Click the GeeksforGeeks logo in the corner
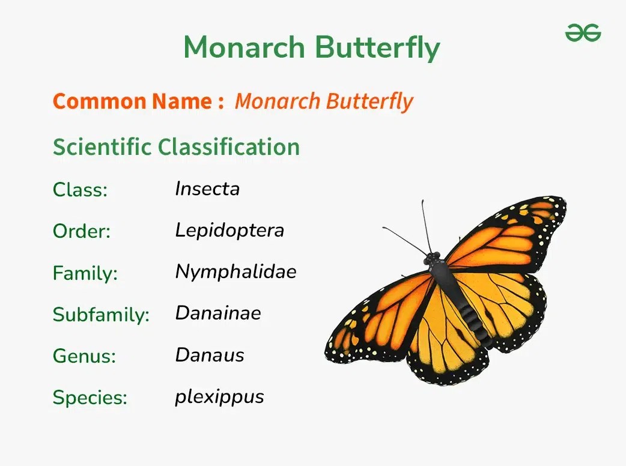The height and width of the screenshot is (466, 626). [583, 33]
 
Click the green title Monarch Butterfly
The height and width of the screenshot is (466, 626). [312, 47]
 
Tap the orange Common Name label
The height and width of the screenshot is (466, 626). [138, 101]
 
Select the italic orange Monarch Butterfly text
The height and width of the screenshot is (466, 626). [324, 101]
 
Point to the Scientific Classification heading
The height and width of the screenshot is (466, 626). [176, 147]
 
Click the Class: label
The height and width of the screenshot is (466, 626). [80, 190]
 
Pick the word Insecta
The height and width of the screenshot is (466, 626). [207, 189]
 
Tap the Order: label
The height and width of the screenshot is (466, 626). [82, 231]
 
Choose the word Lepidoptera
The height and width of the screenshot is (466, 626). [229, 231]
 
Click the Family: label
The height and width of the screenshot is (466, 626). [85, 273]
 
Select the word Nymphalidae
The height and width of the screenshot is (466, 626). [236, 272]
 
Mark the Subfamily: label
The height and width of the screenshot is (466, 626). [101, 315]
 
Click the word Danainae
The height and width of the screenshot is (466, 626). [218, 313]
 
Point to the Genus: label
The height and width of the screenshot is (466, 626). [84, 356]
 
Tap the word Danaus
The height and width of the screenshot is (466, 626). [210, 355]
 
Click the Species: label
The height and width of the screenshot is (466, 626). [90, 398]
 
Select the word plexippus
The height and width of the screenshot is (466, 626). [219, 397]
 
